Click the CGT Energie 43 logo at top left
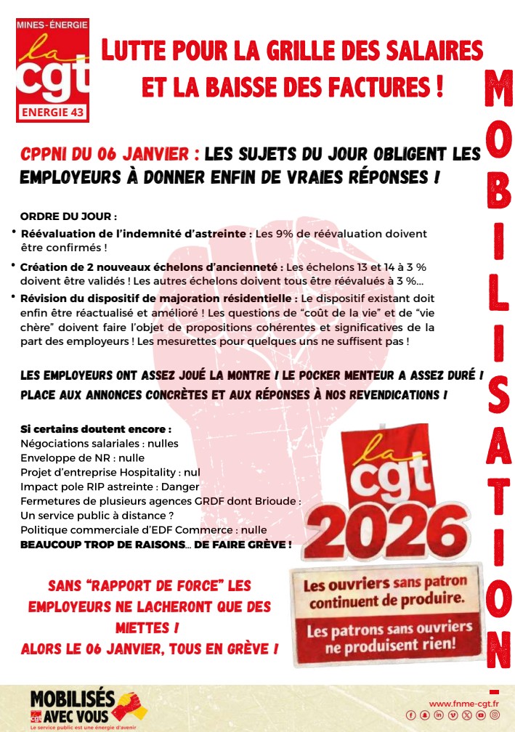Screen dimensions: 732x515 pyautogui.click(x=52, y=70)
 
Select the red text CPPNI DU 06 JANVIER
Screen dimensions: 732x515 pyautogui.click(x=110, y=154)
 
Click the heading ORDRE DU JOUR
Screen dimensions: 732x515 pyautogui.click(x=68, y=216)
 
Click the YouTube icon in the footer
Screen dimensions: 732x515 pyautogui.click(x=481, y=715)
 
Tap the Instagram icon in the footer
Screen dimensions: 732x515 pyautogui.click(x=495, y=715)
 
